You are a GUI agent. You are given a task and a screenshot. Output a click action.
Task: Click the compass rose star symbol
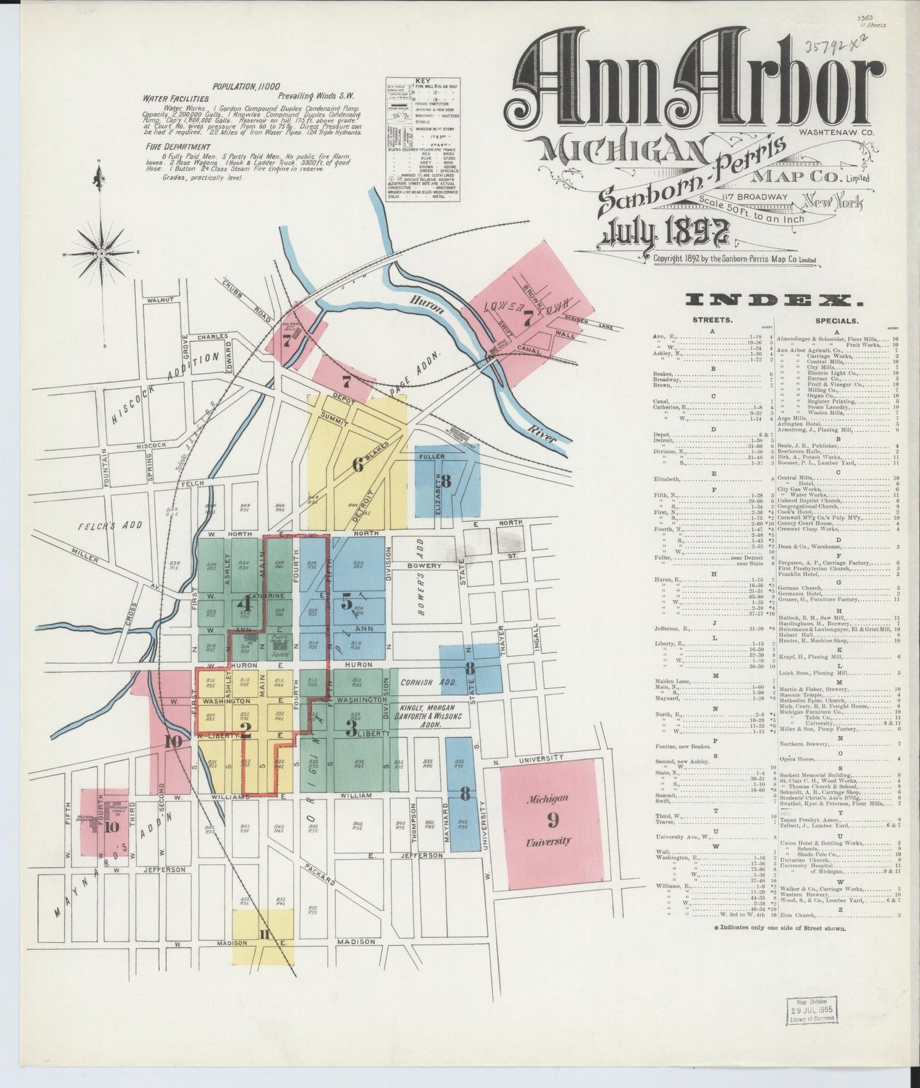click(x=101, y=253)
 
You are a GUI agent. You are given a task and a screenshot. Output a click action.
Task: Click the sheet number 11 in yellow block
click(x=264, y=934)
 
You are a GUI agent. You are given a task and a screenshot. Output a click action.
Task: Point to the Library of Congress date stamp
click(x=811, y=1009)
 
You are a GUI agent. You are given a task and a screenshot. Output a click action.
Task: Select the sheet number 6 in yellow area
click(x=358, y=466)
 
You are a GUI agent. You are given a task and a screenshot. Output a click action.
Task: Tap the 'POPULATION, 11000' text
click(x=246, y=87)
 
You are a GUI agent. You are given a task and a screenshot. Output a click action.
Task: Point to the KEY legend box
click(x=423, y=141)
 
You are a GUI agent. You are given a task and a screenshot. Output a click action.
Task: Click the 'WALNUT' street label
click(x=160, y=300)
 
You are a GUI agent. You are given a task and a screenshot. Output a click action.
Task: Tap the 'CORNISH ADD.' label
click(x=425, y=682)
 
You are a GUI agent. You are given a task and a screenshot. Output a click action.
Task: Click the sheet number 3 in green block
click(x=351, y=729)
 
